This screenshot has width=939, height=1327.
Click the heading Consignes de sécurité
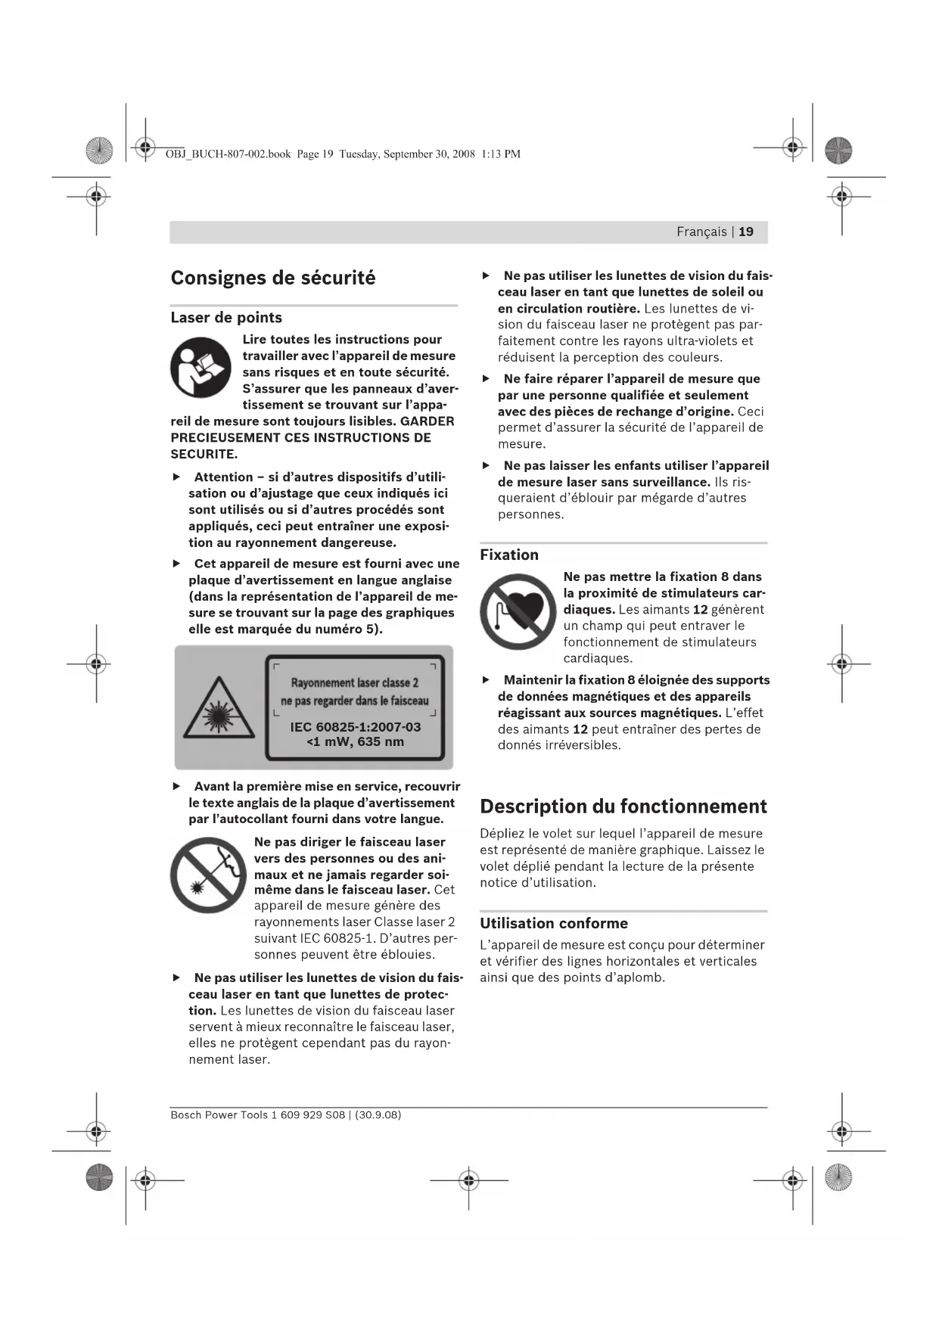272,278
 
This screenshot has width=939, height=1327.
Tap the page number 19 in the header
746,232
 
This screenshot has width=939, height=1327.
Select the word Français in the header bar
701,232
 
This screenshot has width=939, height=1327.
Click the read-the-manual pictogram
201,368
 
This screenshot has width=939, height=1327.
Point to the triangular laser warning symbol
219,708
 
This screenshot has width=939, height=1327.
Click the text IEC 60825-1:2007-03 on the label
355,727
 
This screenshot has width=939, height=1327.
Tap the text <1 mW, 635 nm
355,741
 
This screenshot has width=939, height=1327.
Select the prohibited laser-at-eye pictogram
208,875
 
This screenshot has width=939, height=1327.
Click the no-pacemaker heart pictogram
518,611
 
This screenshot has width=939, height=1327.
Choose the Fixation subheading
509,555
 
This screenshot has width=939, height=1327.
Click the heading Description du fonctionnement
623,806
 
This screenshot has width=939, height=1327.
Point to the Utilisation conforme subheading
554,923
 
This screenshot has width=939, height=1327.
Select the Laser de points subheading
226,318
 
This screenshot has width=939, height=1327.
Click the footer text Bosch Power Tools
219,1114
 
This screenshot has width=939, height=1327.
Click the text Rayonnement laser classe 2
354,682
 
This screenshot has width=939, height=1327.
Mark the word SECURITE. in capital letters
204,454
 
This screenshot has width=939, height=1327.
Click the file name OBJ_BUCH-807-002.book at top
228,154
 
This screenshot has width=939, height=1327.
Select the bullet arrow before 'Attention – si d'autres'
176,477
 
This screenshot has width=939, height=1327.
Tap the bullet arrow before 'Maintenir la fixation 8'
486,680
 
